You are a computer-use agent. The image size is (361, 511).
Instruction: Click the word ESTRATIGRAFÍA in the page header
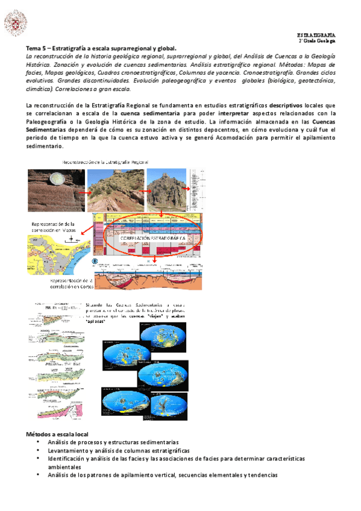(316, 35)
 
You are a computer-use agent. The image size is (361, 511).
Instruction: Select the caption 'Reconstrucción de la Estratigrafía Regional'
(106, 163)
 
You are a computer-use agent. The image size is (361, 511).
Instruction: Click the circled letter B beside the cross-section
(94, 262)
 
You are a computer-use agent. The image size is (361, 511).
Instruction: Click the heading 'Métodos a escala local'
(57, 434)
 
